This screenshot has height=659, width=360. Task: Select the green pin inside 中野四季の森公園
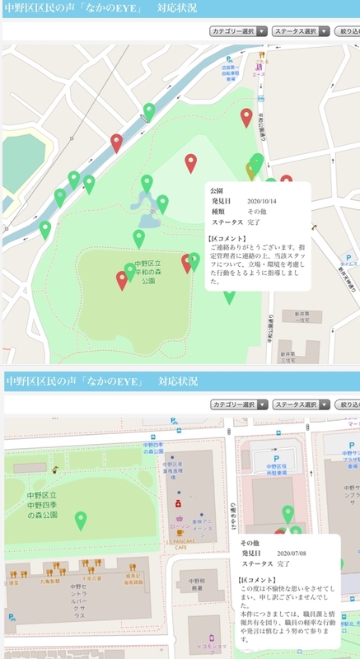tap(81, 520)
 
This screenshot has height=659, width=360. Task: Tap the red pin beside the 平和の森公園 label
tap(122, 280)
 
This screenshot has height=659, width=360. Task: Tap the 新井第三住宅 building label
tap(287, 355)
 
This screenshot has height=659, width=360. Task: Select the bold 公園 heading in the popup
tap(217, 189)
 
